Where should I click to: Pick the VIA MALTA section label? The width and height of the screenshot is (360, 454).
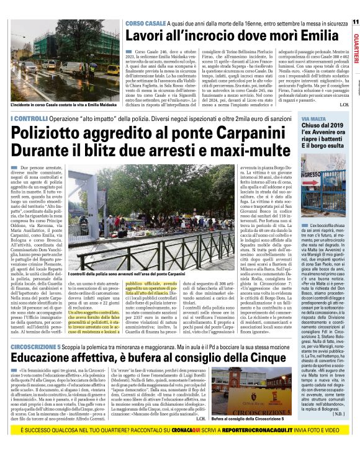click(313, 117)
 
